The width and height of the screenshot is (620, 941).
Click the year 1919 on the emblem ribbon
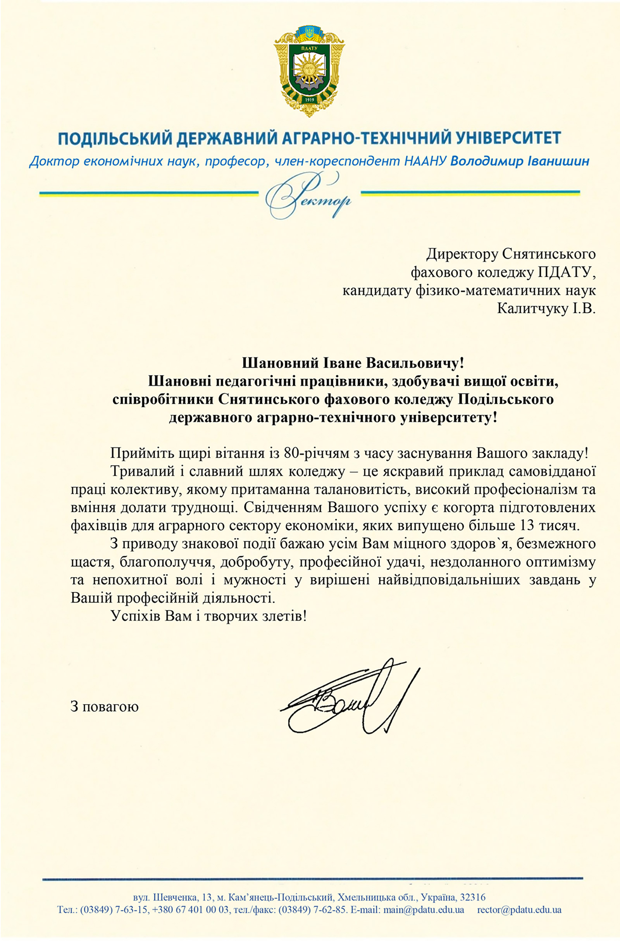click(309, 100)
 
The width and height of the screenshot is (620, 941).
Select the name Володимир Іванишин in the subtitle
click(520, 161)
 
